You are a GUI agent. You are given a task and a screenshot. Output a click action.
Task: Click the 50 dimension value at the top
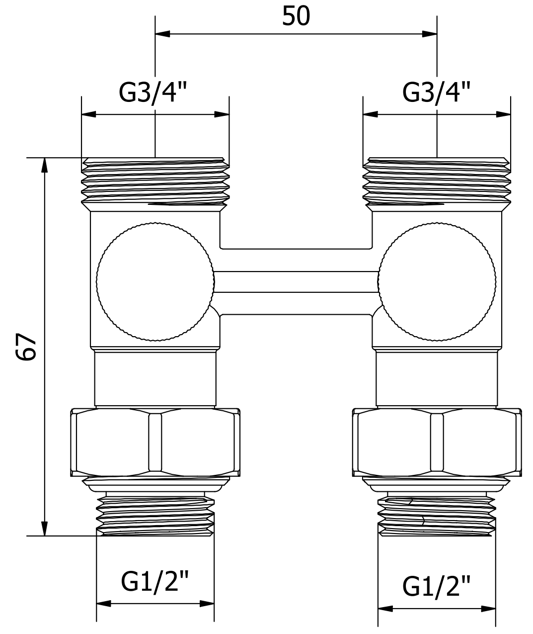[296, 16]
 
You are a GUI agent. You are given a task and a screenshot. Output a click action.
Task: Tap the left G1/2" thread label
[155, 582]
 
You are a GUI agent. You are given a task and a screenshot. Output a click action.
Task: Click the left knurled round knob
[155, 282]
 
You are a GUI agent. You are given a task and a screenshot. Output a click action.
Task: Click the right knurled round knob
[437, 282]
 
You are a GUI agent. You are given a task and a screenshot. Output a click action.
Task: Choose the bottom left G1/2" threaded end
[155, 515]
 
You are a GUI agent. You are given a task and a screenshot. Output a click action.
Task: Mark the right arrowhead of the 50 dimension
[430, 34]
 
